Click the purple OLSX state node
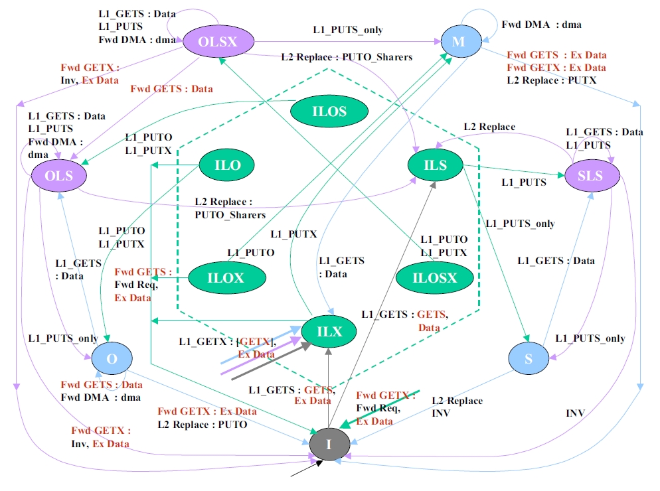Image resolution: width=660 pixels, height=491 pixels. [x=218, y=41]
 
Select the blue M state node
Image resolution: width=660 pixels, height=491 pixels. [x=459, y=42]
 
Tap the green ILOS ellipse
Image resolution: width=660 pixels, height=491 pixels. [x=329, y=111]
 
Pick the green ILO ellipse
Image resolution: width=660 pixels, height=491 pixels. [x=229, y=165]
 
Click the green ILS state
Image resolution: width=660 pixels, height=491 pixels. [x=435, y=165]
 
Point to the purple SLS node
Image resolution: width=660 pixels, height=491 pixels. [x=590, y=175]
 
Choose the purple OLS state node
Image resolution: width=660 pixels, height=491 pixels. [x=61, y=176]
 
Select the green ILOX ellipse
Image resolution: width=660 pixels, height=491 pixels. [x=226, y=277]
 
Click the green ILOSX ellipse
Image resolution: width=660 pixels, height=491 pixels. [x=435, y=277]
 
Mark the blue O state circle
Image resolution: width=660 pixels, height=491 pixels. [x=112, y=359]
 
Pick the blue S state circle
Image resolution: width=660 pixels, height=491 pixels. [x=529, y=359]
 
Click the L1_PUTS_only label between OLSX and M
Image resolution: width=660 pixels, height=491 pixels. [x=348, y=30]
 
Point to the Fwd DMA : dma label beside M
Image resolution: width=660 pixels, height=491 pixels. [x=541, y=25]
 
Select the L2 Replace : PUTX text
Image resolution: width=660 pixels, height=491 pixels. [x=551, y=80]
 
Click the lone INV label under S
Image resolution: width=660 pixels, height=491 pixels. [x=575, y=412]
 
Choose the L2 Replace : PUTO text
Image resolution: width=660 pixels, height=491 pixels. [x=202, y=424]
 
